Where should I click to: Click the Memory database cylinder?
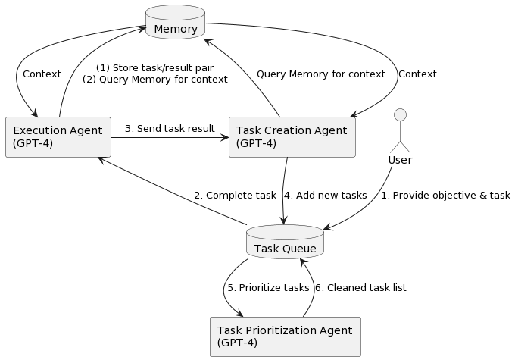point(175,23)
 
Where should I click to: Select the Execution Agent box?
point(58,137)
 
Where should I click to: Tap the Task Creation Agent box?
point(292,137)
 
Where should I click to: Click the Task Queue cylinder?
point(285,243)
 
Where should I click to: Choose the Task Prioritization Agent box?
point(285,337)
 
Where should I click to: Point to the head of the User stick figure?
point(399,114)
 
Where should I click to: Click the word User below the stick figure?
point(399,160)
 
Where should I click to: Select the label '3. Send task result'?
point(170,128)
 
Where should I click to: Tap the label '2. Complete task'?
point(235,195)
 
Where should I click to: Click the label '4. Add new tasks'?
point(325,195)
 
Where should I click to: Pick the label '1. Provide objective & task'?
point(445,195)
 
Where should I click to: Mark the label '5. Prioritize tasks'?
point(268,288)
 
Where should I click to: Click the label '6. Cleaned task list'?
point(360,288)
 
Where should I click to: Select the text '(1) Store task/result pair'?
point(154,67)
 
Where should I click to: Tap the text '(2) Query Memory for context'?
point(154,80)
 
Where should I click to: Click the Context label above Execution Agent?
point(42,74)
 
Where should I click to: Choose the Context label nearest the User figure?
point(417,74)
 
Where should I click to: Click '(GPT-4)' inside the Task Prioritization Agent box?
point(237,343)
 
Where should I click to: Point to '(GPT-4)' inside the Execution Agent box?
point(33,143)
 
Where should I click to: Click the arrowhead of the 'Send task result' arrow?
point(224,137)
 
